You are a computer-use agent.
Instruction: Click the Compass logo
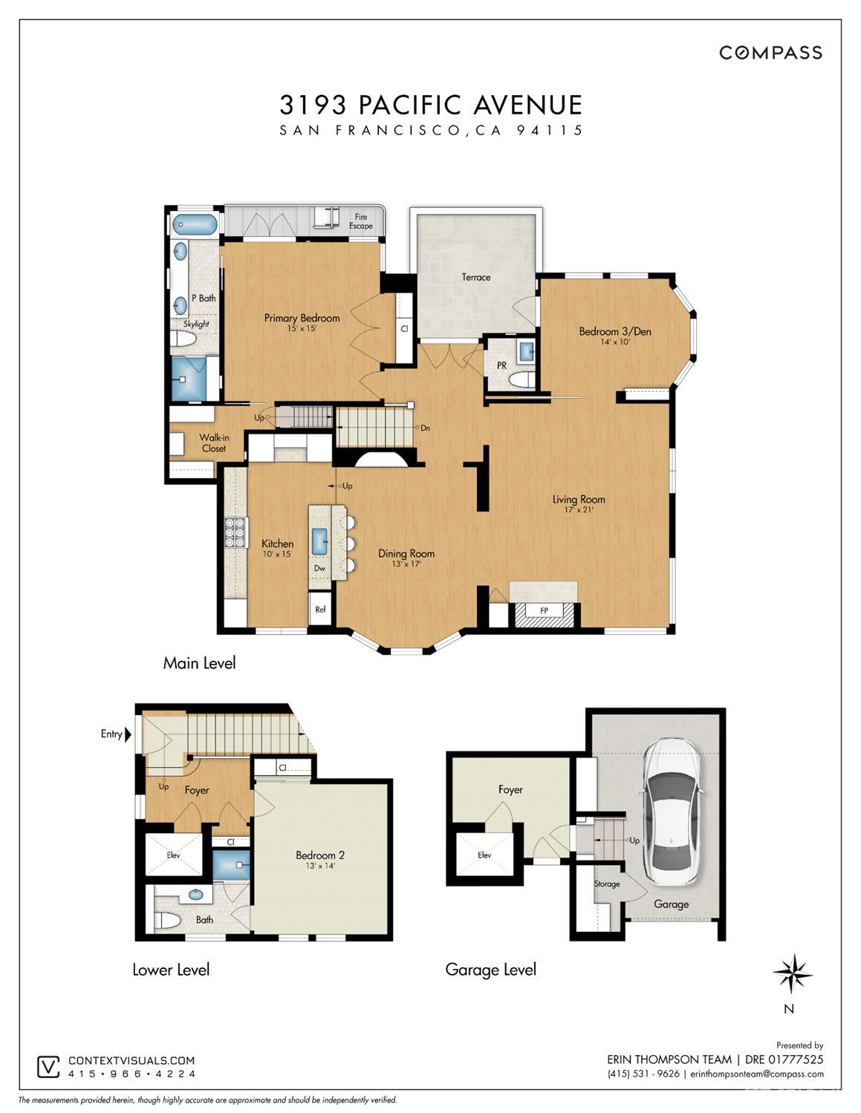[x=771, y=53]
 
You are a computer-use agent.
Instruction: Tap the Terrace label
[x=476, y=277]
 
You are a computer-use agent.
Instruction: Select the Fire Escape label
[x=361, y=221]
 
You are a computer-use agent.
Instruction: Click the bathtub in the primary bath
[x=195, y=224]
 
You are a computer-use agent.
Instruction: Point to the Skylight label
[x=196, y=324]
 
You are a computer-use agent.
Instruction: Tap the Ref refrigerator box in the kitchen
[x=320, y=609]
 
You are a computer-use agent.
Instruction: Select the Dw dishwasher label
[x=319, y=568]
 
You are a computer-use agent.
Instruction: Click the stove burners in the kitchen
[x=235, y=532]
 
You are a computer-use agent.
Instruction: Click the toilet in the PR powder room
[x=522, y=379]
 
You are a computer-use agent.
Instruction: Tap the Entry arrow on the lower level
[x=128, y=734]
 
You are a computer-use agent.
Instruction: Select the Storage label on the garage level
[x=607, y=884]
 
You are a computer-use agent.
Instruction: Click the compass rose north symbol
[x=793, y=973]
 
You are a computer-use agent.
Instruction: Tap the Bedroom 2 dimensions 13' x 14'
[x=320, y=866]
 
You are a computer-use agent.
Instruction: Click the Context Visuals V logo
[x=48, y=1067]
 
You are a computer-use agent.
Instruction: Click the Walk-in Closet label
[x=214, y=443]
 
